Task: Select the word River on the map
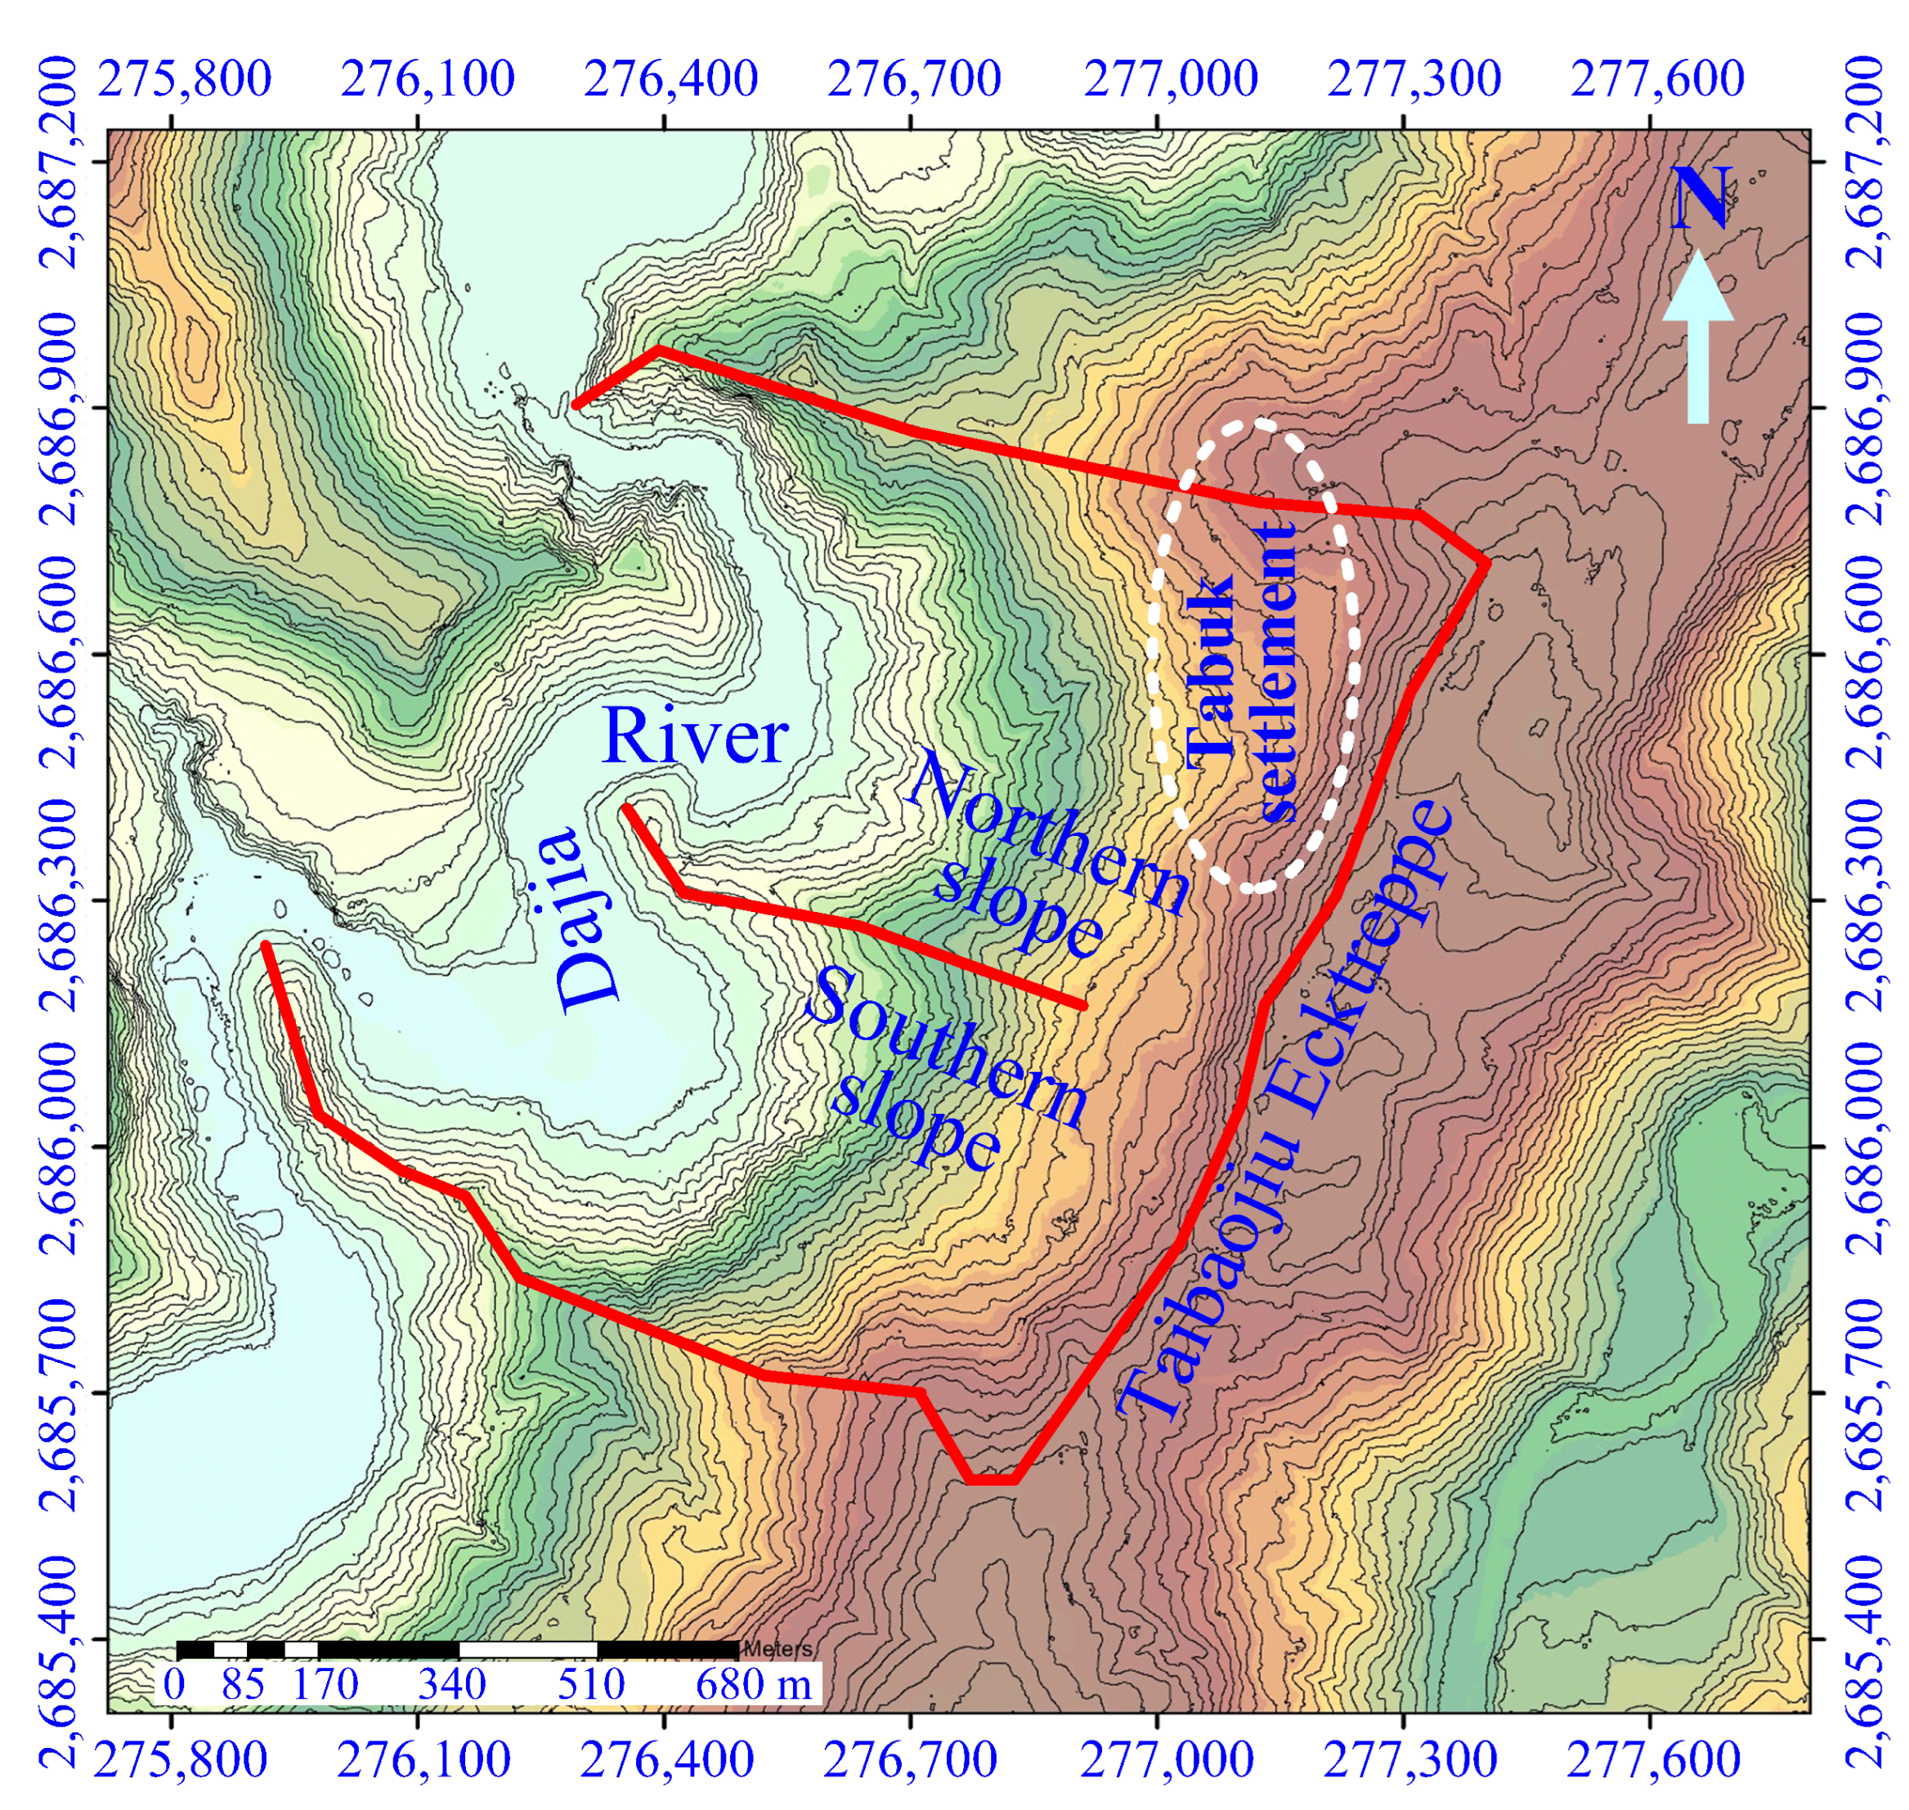click(x=694, y=738)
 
